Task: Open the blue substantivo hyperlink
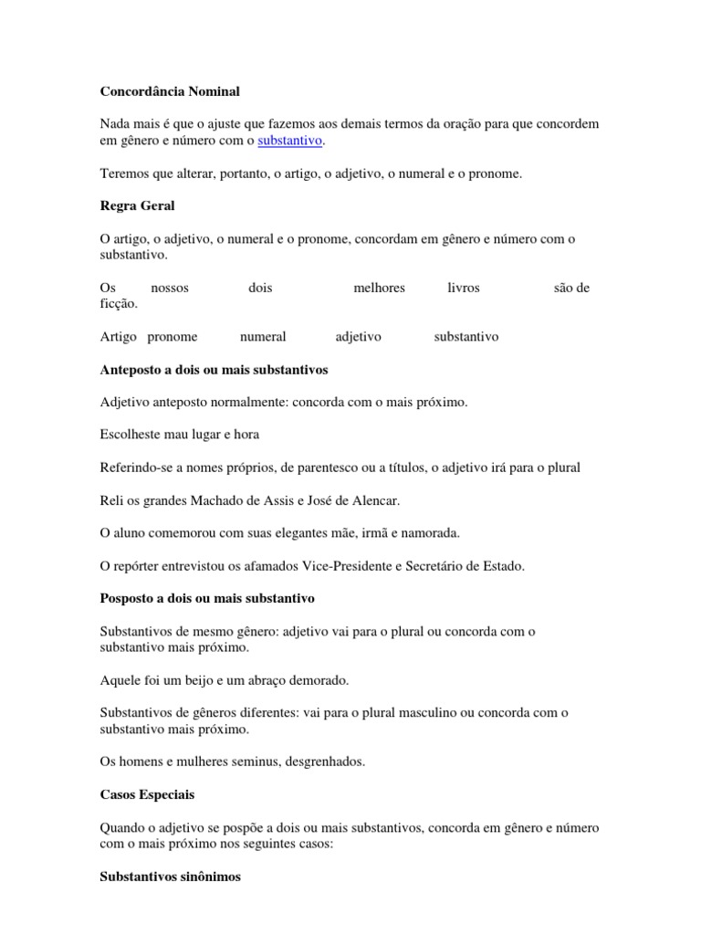pos(290,141)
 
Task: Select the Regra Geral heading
pos(137,205)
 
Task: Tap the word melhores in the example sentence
pos(379,288)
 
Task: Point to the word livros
pos(464,288)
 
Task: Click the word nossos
pos(170,288)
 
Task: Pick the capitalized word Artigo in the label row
pos(118,337)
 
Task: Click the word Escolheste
pos(132,435)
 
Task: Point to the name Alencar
pos(373,500)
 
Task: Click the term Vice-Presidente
pos(365,566)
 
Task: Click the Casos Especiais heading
pos(147,794)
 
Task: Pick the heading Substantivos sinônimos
pos(170,877)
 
